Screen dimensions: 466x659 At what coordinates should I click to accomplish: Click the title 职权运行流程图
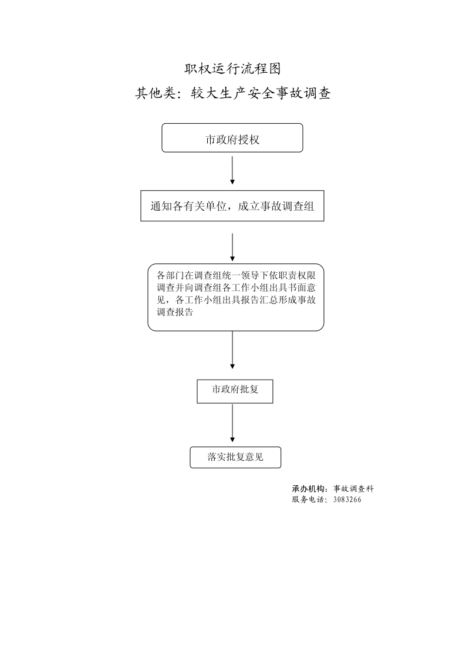pyautogui.click(x=232, y=69)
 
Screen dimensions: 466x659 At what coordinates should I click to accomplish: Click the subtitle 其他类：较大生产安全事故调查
pyautogui.click(x=232, y=93)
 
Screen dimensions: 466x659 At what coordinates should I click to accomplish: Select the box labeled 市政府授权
pyautogui.click(x=232, y=138)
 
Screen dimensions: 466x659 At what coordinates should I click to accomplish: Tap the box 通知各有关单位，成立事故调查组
pyautogui.click(x=232, y=206)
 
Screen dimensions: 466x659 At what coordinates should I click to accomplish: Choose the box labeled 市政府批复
pyautogui.click(x=235, y=391)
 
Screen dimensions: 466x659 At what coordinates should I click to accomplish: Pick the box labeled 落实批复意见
pyautogui.click(x=235, y=457)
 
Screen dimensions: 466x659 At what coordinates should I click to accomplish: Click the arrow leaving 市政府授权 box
pyautogui.click(x=232, y=170)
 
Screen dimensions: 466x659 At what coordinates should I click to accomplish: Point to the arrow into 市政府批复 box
pyautogui.click(x=232, y=350)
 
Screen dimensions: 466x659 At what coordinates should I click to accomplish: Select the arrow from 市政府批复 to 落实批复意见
pyautogui.click(x=232, y=423)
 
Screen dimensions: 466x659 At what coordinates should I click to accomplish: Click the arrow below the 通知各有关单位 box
pyautogui.click(x=232, y=247)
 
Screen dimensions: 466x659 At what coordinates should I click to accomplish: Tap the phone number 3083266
pyautogui.click(x=347, y=500)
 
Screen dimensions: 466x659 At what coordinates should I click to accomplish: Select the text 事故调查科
pyautogui.click(x=353, y=489)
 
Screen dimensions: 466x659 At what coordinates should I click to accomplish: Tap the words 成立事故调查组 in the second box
pyautogui.click(x=276, y=207)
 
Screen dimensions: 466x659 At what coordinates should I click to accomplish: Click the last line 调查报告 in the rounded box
pyautogui.click(x=175, y=312)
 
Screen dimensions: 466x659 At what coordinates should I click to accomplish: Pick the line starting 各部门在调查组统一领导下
pyautogui.click(x=236, y=276)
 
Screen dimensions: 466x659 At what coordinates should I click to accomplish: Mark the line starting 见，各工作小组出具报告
pyautogui.click(x=236, y=300)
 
